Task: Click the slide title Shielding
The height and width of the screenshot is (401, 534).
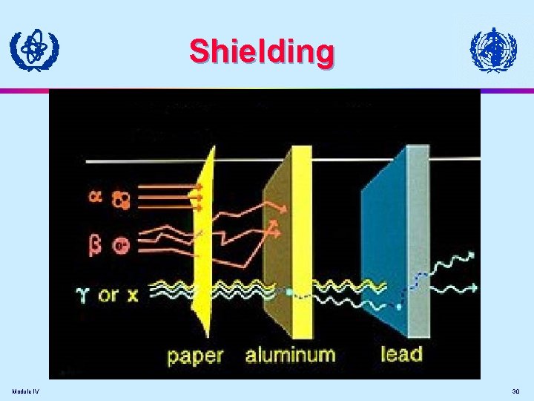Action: click(261, 52)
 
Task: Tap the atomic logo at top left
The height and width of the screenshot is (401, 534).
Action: click(34, 50)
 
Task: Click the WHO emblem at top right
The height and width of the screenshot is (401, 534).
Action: click(493, 50)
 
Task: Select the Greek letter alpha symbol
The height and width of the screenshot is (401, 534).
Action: click(96, 198)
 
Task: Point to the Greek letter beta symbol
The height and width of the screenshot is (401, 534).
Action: click(95, 244)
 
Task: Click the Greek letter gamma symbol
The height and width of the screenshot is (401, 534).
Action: click(84, 294)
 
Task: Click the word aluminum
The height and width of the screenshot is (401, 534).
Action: click(290, 355)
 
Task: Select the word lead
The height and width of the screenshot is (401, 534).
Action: click(400, 353)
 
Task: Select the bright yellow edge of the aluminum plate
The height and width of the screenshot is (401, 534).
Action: click(303, 238)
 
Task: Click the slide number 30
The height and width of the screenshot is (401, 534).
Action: click(515, 391)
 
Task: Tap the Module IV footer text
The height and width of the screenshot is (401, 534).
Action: click(26, 391)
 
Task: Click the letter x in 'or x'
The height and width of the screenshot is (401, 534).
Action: click(132, 295)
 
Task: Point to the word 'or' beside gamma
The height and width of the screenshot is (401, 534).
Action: click(108, 295)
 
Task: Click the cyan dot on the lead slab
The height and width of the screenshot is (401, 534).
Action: click(399, 306)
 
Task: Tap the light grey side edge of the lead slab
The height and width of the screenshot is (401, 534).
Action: click(418, 238)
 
